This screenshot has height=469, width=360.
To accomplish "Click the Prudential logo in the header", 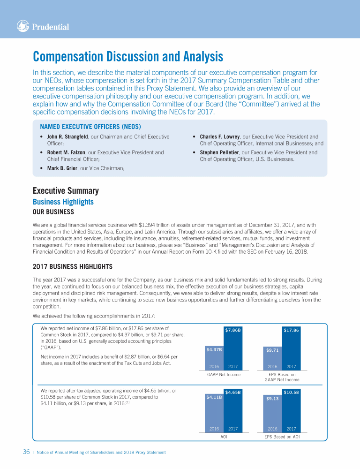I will (43, 27).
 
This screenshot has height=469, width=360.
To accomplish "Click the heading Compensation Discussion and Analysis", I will (128, 57).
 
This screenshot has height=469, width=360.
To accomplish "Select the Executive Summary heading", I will (66, 191).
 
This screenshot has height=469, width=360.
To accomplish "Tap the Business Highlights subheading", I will (63, 202).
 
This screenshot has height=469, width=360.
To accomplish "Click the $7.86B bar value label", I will (233, 330).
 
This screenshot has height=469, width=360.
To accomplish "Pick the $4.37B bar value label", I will (214, 349).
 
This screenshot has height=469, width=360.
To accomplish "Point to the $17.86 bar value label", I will (291, 330).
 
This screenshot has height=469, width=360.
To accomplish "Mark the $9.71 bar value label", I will (272, 350).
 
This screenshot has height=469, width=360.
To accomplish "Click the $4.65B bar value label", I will (233, 392).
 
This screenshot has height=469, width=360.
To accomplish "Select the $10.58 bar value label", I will (291, 392).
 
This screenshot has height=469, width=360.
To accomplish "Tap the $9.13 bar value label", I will (272, 399).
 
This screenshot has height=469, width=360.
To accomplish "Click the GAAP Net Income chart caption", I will (224, 375).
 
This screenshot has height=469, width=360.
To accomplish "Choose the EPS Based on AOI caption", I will (282, 437).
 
